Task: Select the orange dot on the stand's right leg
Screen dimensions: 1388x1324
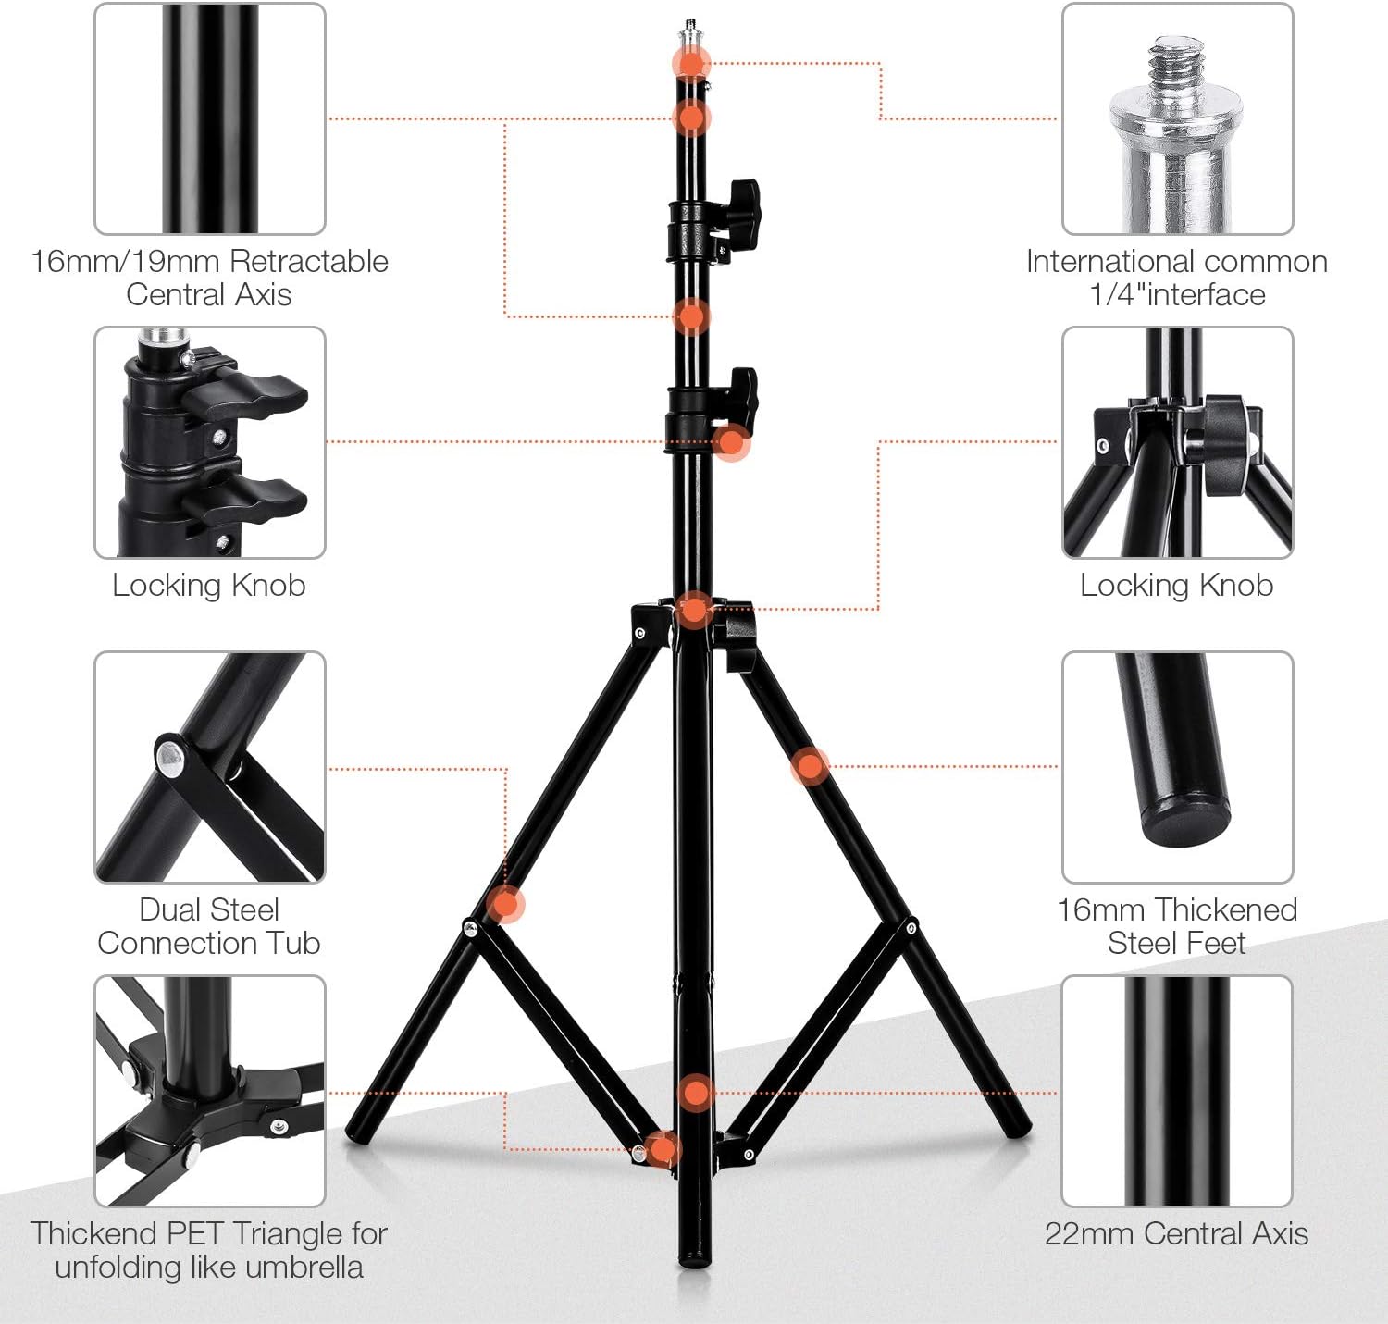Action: click(810, 765)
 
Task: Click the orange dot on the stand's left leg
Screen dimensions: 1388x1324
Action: click(505, 904)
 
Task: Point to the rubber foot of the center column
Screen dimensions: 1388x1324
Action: click(694, 1258)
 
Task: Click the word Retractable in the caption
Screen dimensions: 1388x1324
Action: click(308, 261)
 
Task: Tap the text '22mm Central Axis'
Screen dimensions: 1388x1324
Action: click(1176, 1233)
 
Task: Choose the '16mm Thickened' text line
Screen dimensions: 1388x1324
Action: click(1177, 909)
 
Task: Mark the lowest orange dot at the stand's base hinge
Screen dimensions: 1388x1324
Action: click(663, 1149)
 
